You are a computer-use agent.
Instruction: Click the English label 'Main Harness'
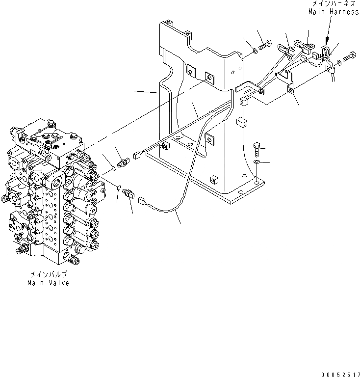point(334,12)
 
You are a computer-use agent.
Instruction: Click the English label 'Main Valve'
point(49,283)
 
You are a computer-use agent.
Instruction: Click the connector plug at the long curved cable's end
point(143,200)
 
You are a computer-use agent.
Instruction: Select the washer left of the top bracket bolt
point(252,49)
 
